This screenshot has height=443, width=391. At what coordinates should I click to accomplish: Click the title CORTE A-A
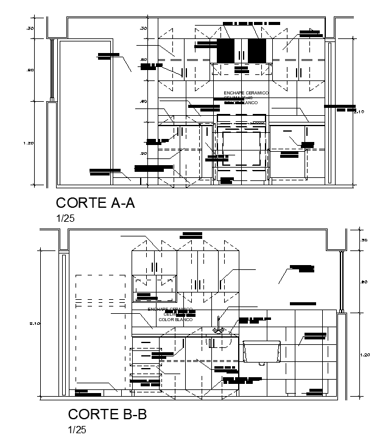click(95, 203)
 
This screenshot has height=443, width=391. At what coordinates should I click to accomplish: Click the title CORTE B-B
click(107, 415)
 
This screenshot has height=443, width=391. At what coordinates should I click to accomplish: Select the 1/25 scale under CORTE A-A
click(65, 217)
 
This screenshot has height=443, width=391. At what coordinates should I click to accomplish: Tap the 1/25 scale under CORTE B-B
click(77, 430)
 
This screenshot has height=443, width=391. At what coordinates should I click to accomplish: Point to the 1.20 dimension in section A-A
click(28, 143)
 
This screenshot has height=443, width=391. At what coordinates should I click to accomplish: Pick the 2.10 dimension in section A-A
click(359, 112)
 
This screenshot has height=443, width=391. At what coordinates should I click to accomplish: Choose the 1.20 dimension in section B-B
click(365, 355)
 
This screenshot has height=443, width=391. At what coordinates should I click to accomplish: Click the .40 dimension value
click(143, 101)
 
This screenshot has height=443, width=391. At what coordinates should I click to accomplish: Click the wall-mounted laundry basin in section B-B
click(261, 353)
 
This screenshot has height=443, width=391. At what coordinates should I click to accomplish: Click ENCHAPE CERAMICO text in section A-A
click(245, 93)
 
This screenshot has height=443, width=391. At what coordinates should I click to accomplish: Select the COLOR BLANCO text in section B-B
click(175, 320)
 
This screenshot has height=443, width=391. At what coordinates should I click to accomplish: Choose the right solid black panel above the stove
click(257, 50)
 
